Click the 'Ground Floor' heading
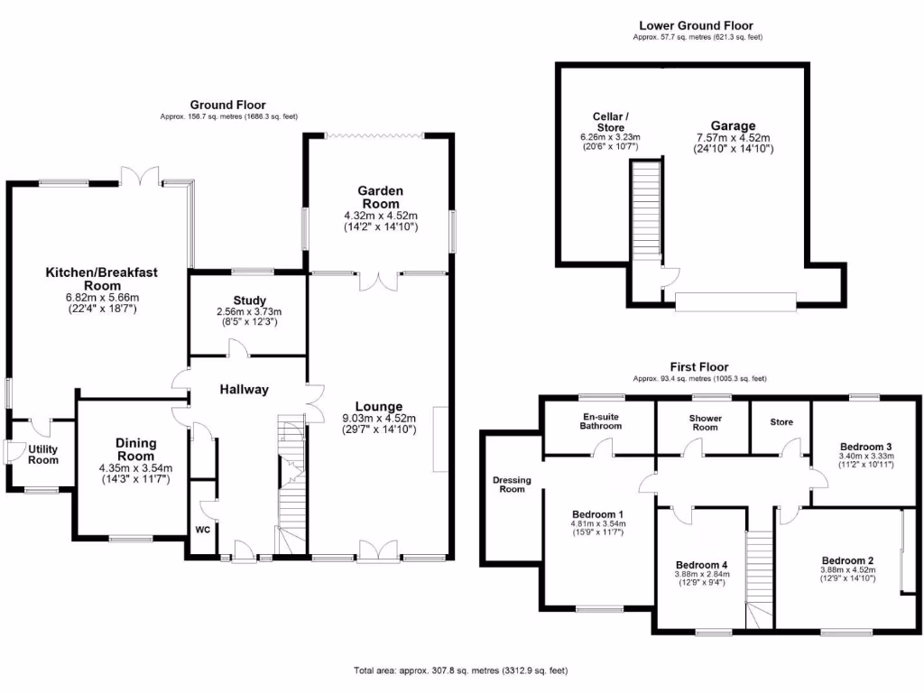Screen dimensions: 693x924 click(227, 106)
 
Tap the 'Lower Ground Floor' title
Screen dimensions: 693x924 click(695, 26)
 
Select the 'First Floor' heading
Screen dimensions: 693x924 click(699, 367)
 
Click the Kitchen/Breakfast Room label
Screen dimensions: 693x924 click(102, 278)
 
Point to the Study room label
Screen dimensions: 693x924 click(245, 300)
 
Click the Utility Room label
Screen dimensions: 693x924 click(42, 454)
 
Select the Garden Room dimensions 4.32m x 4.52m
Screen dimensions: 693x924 click(380, 216)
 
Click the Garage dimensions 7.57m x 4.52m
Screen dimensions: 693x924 click(732, 138)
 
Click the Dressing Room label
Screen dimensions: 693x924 click(512, 484)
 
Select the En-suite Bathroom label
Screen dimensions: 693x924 click(600, 421)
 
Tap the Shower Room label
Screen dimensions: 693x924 click(705, 421)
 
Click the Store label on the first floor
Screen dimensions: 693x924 click(781, 421)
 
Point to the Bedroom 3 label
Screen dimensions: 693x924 click(865, 446)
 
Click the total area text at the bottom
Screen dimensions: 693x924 click(460, 671)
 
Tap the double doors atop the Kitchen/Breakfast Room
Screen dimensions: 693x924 click(141, 173)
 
